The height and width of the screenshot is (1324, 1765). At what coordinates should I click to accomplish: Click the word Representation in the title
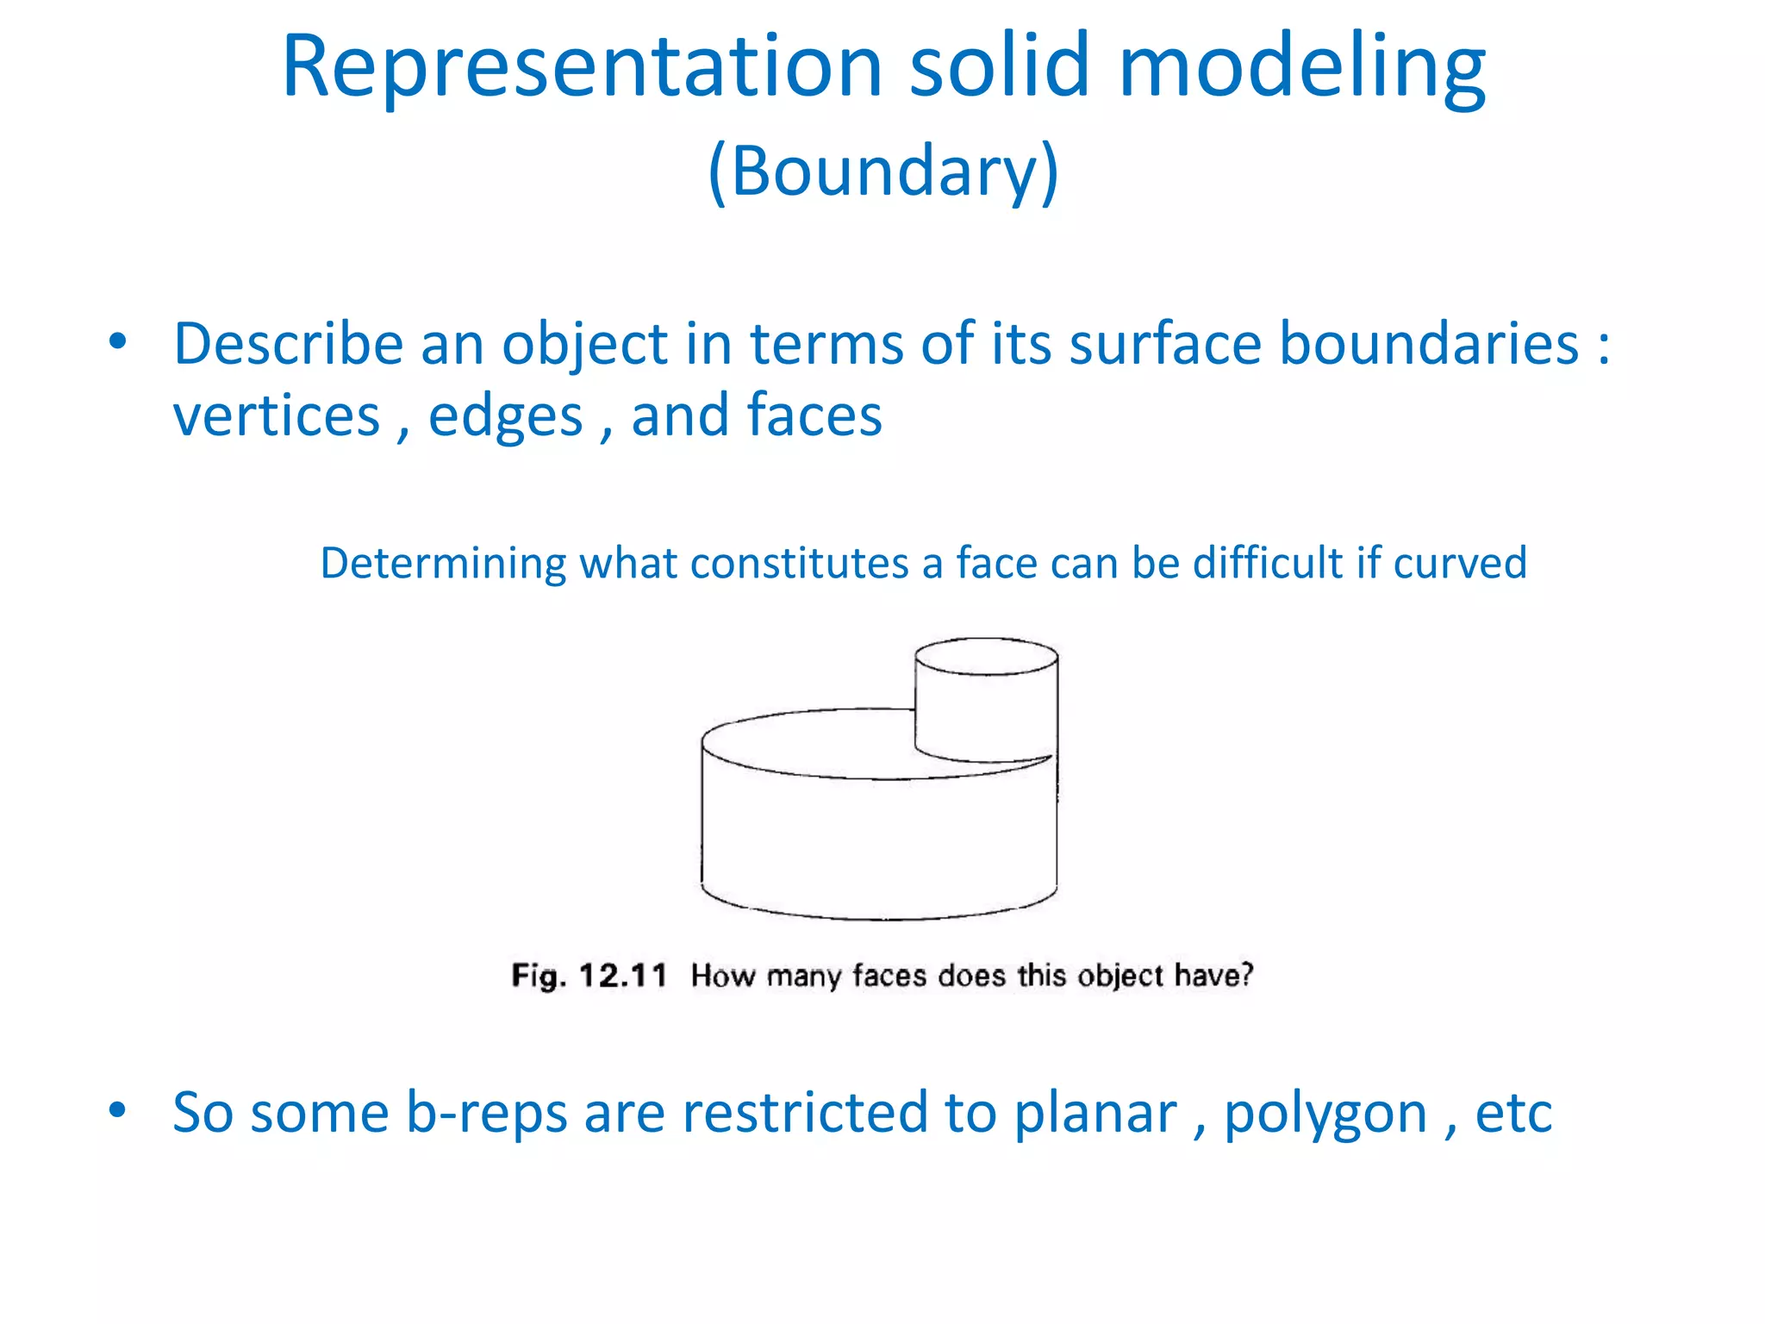tap(582, 67)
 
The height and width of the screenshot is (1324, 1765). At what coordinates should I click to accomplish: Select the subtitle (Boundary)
tap(882, 171)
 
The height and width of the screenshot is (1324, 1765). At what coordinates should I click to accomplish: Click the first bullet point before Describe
tap(118, 342)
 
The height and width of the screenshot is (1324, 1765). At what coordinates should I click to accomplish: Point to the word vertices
tap(276, 416)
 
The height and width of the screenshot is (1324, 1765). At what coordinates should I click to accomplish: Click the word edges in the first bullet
tap(505, 416)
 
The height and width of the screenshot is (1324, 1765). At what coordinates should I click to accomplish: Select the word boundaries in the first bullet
tap(1428, 344)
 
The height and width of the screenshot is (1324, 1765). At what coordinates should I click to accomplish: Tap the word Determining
tap(443, 563)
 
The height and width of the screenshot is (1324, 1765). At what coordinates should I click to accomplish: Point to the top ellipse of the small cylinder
tap(986, 656)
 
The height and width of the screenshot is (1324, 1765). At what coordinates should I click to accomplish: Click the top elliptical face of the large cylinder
tap(810, 744)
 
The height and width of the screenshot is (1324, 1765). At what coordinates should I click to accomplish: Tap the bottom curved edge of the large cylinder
tap(879, 916)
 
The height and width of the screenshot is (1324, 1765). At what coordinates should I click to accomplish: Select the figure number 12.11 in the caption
tap(622, 976)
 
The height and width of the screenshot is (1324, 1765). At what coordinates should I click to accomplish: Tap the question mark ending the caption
tap(1246, 975)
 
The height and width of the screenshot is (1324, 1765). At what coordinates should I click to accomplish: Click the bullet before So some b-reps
tap(118, 1110)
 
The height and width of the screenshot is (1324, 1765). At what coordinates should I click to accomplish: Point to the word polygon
tap(1325, 1114)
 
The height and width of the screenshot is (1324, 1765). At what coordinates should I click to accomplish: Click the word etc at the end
tap(1512, 1114)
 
